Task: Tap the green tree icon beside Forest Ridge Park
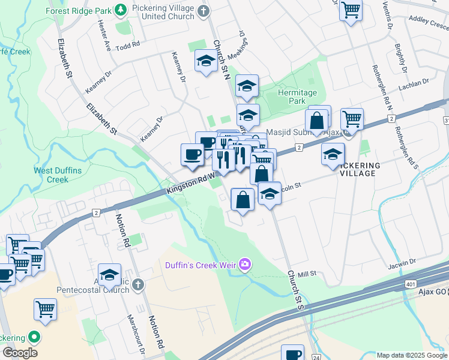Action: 121,10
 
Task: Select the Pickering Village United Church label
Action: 167,12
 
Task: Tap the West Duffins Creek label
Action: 58,175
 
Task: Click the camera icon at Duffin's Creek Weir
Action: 245,264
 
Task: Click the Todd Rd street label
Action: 128,45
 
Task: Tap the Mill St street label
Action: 306,273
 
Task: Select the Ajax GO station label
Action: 429,291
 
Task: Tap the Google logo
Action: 20,353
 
